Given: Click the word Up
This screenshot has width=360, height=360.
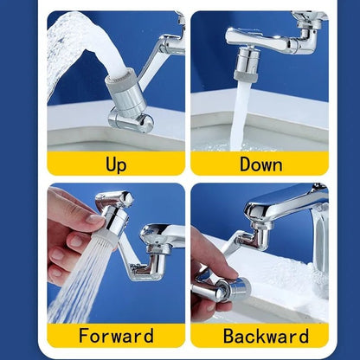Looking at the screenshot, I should pos(116,164).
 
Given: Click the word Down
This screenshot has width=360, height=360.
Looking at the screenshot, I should pos(260,164).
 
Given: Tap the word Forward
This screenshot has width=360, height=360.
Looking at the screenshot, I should pos(116,335).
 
